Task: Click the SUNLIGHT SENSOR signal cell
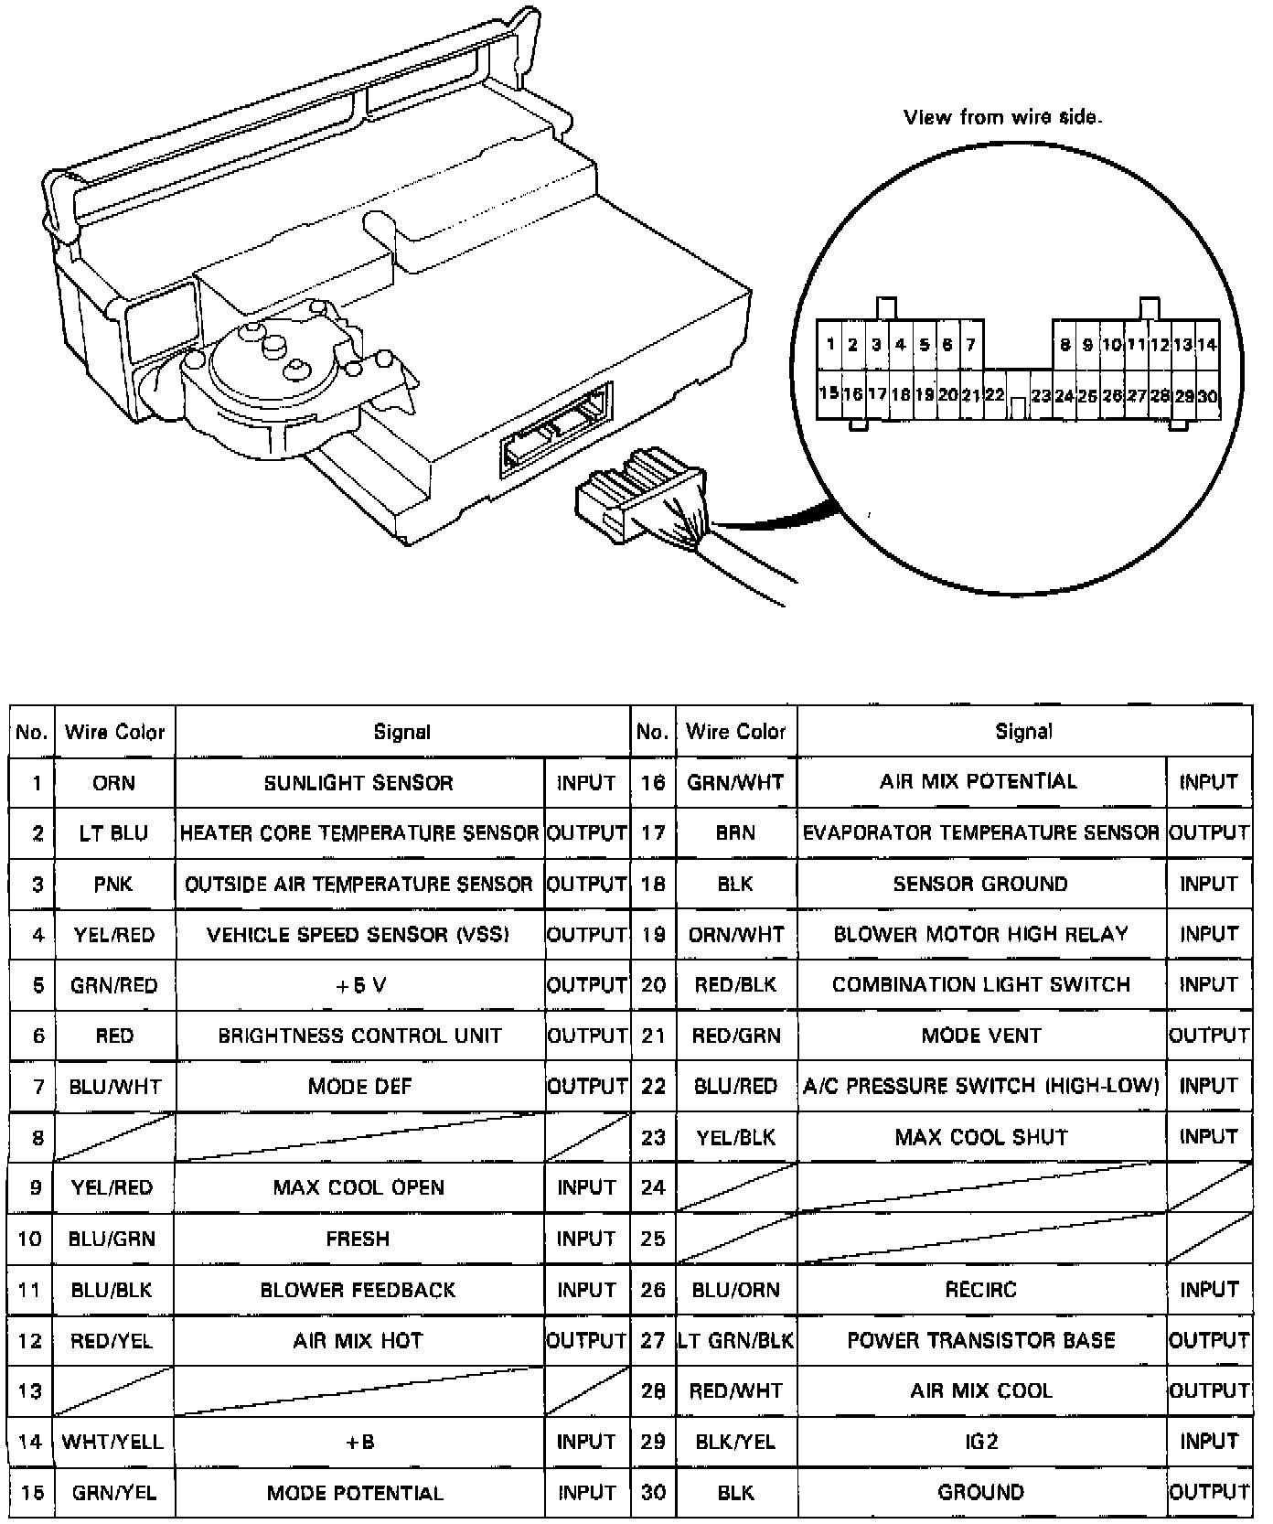click(358, 783)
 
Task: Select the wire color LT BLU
click(113, 833)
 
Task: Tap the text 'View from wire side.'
click(1002, 117)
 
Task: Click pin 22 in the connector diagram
click(994, 396)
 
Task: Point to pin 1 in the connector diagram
click(829, 345)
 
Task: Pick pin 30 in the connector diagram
click(1207, 396)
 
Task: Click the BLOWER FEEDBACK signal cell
click(358, 1290)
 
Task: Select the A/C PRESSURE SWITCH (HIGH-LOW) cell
click(980, 1086)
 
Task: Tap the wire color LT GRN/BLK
click(736, 1340)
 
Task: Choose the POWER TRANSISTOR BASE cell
click(980, 1340)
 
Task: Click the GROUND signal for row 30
click(980, 1493)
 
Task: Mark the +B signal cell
click(358, 1443)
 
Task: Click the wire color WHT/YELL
click(113, 1443)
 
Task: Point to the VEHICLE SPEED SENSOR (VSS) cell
click(358, 935)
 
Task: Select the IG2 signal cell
click(980, 1443)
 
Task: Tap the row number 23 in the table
click(653, 1137)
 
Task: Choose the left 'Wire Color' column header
click(114, 732)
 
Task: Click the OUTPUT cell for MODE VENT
click(1208, 1036)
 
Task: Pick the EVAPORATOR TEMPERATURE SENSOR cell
click(980, 833)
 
